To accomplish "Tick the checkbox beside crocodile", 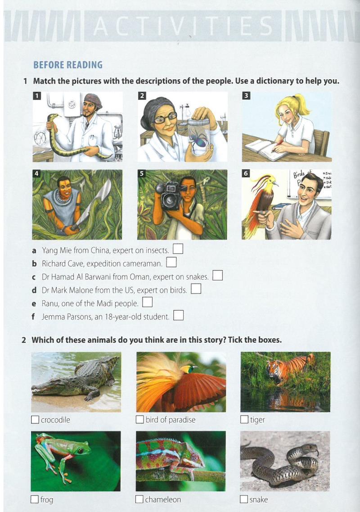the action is [x=35, y=420].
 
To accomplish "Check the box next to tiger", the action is [x=244, y=419].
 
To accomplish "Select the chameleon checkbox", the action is [x=139, y=499].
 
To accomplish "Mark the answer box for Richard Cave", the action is [x=171, y=262].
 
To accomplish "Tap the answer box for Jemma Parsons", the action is [x=179, y=315].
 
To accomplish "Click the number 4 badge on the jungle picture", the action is [x=36, y=173].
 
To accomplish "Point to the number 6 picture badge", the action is [x=246, y=173].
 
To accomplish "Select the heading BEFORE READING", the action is [x=68, y=65].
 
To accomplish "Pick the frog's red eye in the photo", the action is [x=80, y=451].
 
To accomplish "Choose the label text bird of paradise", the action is [x=171, y=420].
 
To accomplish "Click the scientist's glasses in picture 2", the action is [x=165, y=118].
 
